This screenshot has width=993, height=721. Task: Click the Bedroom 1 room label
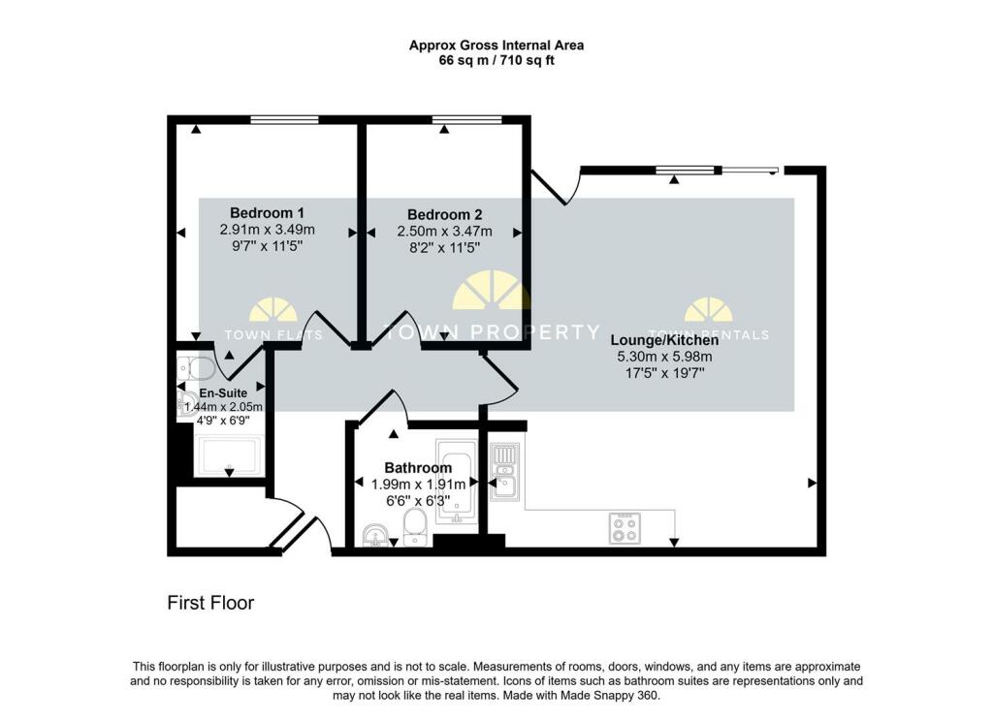tap(267, 213)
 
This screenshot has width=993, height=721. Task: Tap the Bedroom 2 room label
tap(444, 215)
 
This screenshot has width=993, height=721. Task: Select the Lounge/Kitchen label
tap(664, 340)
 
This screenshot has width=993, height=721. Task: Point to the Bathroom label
tap(418, 468)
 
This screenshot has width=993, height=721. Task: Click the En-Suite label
tap(223, 393)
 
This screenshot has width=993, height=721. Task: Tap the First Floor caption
tap(210, 603)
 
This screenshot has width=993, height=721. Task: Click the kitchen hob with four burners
tap(623, 526)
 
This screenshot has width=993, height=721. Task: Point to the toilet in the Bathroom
tap(414, 529)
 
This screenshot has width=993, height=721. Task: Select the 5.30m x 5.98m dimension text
tap(664, 357)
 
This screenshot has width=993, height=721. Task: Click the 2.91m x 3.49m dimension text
tap(267, 231)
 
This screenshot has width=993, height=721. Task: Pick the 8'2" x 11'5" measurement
tap(444, 248)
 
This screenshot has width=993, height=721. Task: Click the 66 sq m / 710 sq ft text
tap(496, 60)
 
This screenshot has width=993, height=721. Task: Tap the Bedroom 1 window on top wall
tap(284, 119)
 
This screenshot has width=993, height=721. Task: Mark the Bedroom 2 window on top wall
tap(466, 119)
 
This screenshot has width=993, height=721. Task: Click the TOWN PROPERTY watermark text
tap(491, 332)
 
